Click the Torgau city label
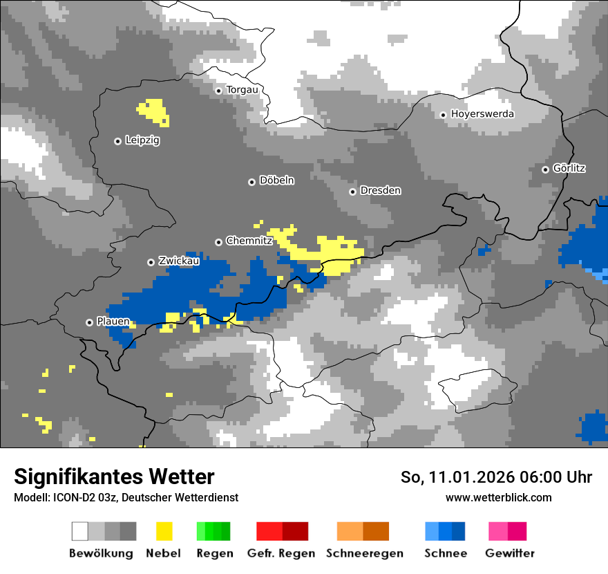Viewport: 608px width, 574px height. (242, 90)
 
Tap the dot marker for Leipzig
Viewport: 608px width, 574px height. (117, 141)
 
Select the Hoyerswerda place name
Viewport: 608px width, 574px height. (482, 114)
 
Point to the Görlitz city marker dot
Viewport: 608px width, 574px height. (546, 169)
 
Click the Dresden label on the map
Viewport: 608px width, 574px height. (380, 191)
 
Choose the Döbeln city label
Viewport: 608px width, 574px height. (276, 180)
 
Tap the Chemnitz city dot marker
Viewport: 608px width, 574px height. (219, 242)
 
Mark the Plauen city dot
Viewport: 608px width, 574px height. (89, 322)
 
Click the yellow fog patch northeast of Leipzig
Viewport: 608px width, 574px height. (153, 111)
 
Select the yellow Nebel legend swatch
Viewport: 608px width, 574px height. (164, 531)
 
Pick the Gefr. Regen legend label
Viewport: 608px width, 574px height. (281, 553)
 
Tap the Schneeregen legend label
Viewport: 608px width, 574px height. (365, 553)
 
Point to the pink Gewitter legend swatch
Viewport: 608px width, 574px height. (507, 531)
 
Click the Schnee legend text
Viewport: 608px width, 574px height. (446, 553)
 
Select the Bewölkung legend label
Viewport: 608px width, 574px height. (101, 553)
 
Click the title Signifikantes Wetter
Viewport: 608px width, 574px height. (114, 476)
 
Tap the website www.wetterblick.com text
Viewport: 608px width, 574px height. (498, 497)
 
